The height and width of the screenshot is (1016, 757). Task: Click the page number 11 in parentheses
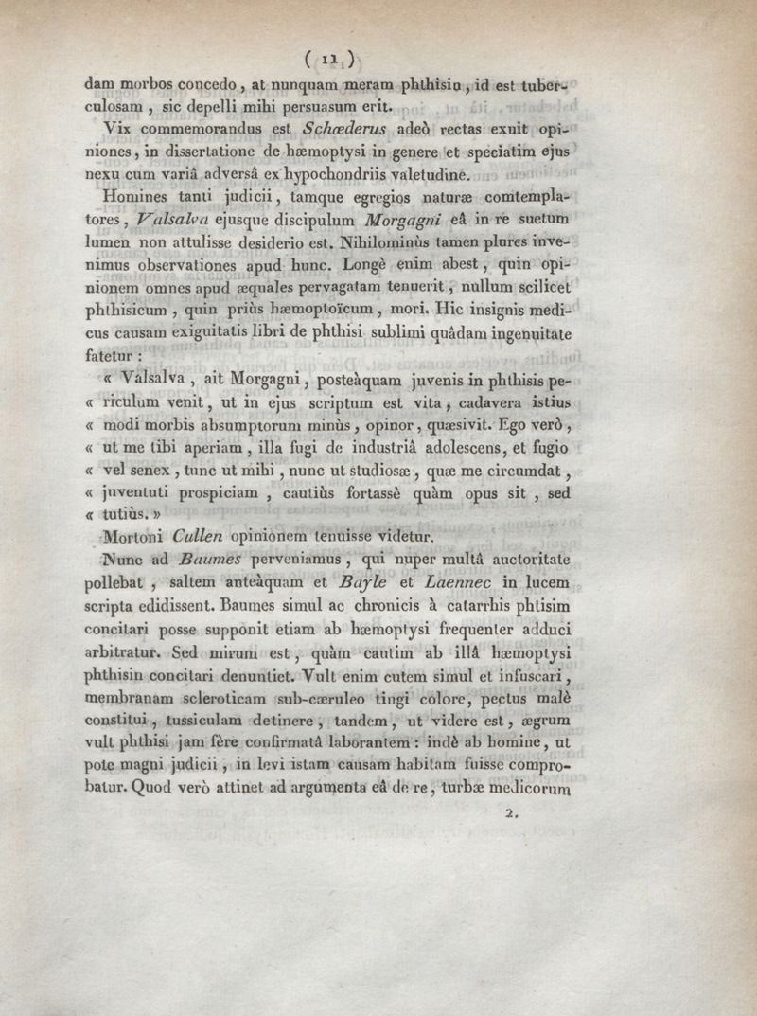pyautogui.click(x=337, y=59)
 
